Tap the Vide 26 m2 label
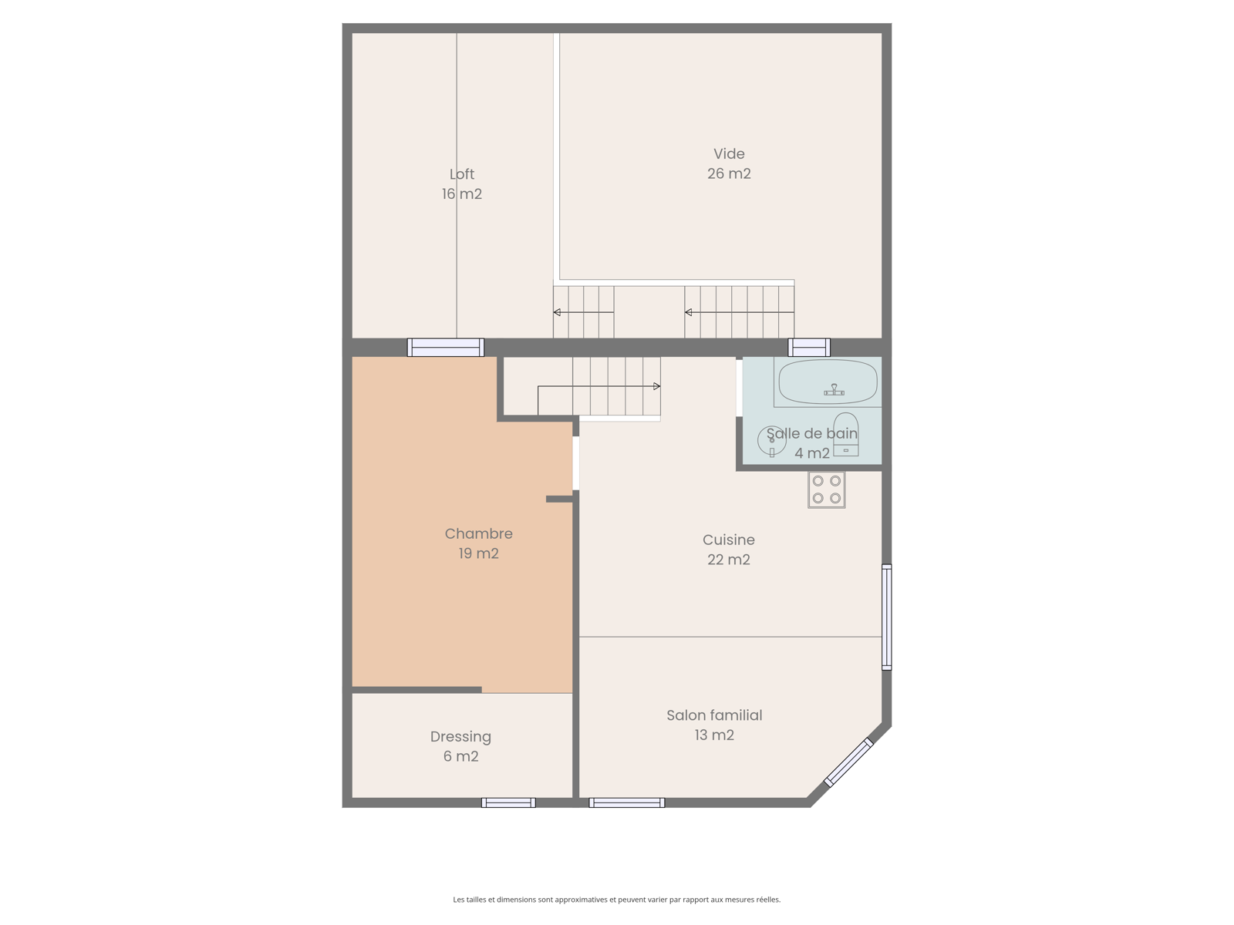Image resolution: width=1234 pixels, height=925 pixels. coord(729,163)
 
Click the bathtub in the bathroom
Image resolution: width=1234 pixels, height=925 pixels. coord(828,382)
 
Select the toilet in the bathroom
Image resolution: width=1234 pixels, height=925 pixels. coord(845,434)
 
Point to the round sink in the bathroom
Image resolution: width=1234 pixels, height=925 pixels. coord(772,440)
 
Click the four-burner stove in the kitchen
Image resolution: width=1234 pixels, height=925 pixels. coord(827,489)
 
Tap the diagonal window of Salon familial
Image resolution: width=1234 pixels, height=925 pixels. coord(848,762)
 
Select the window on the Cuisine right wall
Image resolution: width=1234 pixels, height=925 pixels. coord(887,617)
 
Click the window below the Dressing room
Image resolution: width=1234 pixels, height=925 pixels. coord(508,802)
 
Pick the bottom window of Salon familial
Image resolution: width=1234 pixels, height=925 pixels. coord(627,802)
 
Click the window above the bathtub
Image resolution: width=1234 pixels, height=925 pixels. coord(809,347)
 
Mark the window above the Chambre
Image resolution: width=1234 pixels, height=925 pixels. coord(446,347)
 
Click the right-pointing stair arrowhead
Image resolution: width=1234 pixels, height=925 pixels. coord(656,386)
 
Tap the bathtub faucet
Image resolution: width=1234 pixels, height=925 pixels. coord(834,390)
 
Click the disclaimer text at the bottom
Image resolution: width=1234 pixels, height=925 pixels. coord(617,900)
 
